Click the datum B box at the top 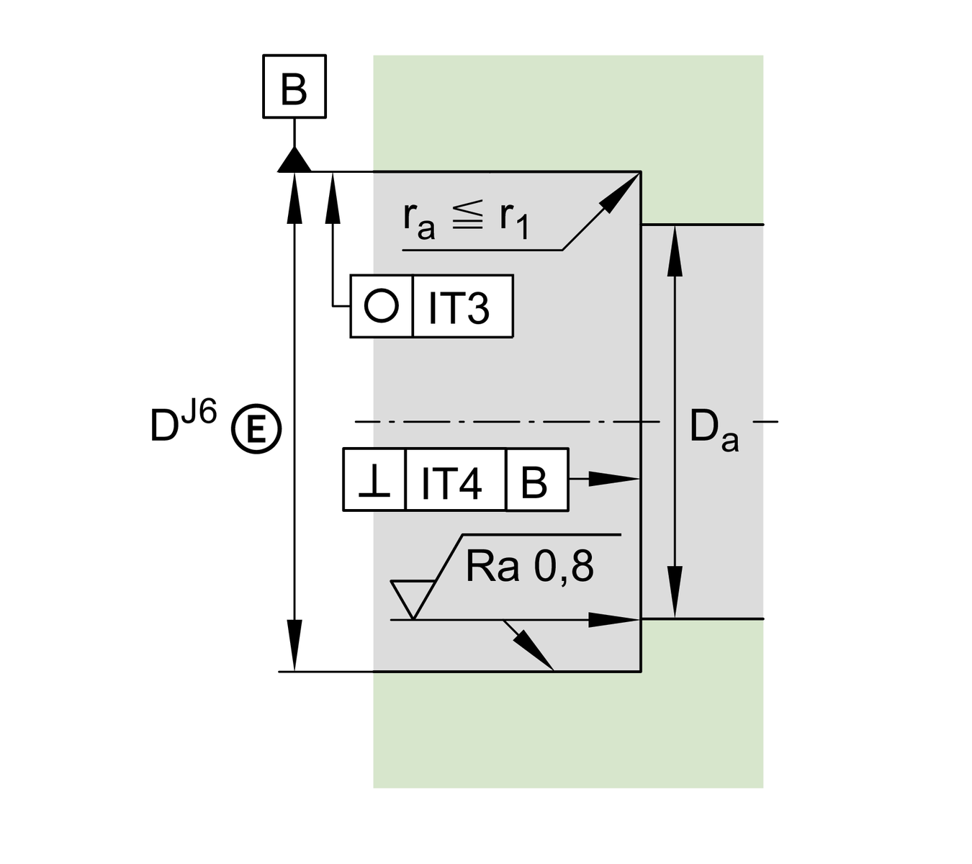point(294,86)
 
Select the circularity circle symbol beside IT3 point(381,305)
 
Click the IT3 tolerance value point(459,307)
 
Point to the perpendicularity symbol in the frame point(374,481)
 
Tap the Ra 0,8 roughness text point(529,567)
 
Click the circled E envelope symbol point(256,431)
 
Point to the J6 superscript point(199,415)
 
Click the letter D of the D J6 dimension point(164,426)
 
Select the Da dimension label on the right point(713,430)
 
